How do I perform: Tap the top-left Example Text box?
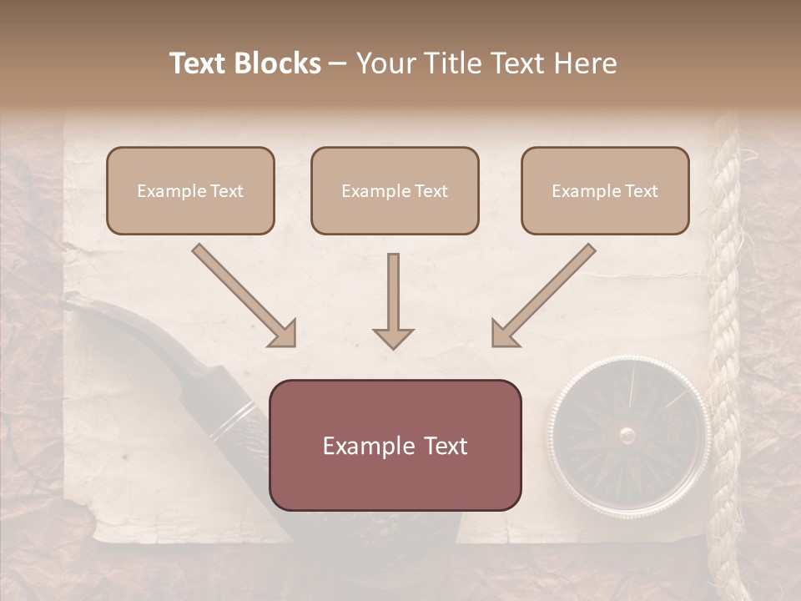pyautogui.click(x=190, y=190)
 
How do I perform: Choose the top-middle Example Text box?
pyautogui.click(x=395, y=190)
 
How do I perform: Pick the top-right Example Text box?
pyautogui.click(x=605, y=190)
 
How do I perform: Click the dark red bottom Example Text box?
pyautogui.click(x=395, y=445)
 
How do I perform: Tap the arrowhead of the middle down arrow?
pyautogui.click(x=393, y=337)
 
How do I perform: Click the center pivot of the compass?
pyautogui.click(x=627, y=434)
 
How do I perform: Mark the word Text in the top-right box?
pyautogui.click(x=641, y=191)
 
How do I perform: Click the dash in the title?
pyautogui.click(x=338, y=64)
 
